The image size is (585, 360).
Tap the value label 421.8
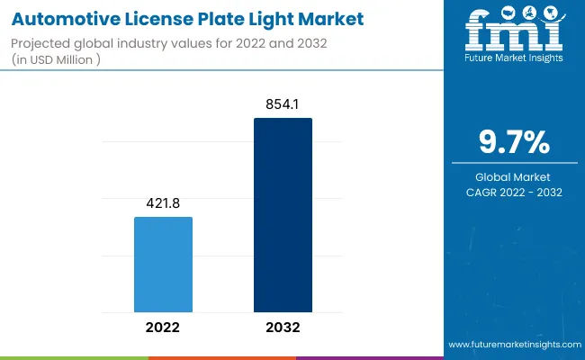[163, 204]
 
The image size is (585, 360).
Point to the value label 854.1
[283, 105]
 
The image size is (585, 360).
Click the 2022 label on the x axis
[163, 328]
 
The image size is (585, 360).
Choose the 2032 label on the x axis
[283, 328]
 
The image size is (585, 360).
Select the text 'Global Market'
[510, 176]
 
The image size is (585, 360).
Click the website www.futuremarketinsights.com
[510, 346]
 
